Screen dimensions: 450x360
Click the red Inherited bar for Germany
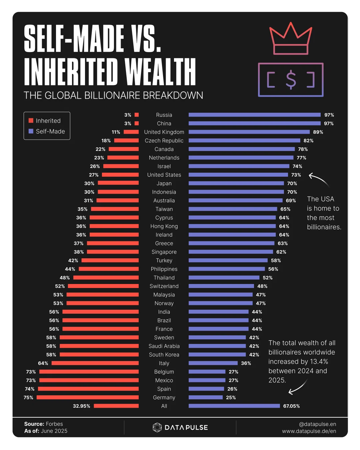coord(88,397)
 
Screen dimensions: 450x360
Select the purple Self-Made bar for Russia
coord(254,115)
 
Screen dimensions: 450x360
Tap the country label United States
coord(164,175)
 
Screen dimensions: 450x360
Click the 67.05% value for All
coord(291,406)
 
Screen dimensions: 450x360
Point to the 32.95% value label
coord(82,406)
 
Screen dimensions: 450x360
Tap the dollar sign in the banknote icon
coord(291,80)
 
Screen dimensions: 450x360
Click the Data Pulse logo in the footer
coord(180,427)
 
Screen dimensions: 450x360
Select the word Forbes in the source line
coord(54,424)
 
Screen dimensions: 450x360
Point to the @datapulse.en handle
coord(317,424)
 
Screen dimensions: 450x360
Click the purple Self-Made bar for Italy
coord(213,363)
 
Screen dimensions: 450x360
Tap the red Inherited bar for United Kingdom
coord(131,132)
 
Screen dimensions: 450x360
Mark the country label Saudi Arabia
coord(164,346)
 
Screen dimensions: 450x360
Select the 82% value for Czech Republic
coord(308,141)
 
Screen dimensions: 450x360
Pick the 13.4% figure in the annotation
coord(319,362)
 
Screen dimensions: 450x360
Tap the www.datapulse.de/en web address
coord(309,431)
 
